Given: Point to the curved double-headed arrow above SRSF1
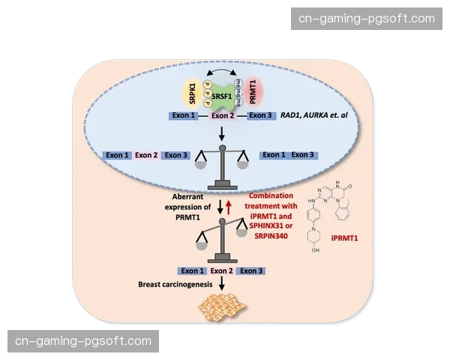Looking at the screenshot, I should tap(223, 74).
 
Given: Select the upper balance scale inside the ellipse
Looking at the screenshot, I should tap(223, 165).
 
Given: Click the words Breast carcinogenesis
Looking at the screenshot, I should tap(174, 285).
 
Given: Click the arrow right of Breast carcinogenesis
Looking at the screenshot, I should tap(223, 284).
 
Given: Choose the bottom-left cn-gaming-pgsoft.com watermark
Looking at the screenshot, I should tap(83, 340).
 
